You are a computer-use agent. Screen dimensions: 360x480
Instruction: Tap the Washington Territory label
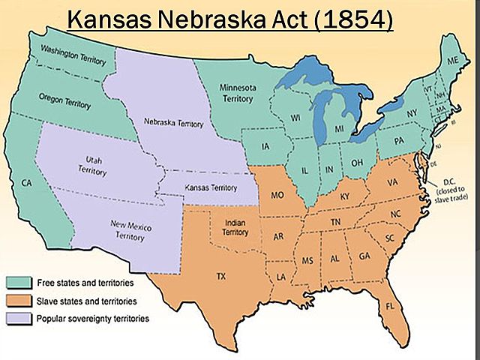73,55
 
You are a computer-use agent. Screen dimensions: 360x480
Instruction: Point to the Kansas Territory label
202,184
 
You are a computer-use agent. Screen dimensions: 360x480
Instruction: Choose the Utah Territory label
88,166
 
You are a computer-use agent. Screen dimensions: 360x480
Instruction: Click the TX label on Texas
220,276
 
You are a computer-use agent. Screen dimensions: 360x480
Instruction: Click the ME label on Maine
453,61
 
